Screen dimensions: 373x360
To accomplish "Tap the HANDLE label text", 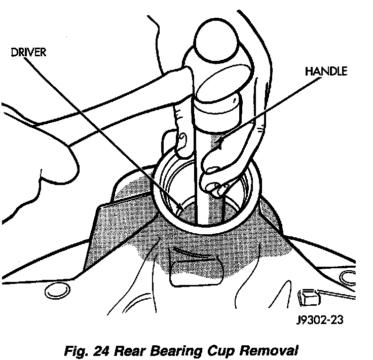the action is (x=326, y=71).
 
